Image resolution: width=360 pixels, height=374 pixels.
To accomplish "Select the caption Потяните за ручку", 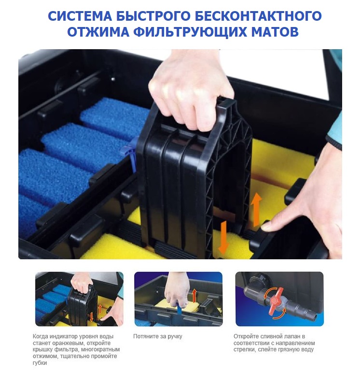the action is pyautogui.click(x=158, y=336).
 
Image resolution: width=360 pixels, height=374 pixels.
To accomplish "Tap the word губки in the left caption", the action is pyautogui.click(x=40, y=363).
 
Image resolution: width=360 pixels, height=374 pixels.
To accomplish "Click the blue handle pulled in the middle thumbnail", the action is pyautogui.click(x=179, y=309).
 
